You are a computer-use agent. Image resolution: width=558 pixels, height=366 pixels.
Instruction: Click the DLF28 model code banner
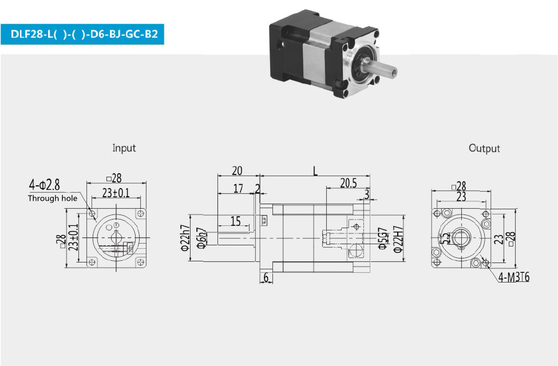click(82, 34)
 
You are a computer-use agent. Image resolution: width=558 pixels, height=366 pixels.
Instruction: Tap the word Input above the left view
click(124, 148)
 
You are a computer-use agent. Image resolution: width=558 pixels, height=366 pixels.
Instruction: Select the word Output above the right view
click(484, 148)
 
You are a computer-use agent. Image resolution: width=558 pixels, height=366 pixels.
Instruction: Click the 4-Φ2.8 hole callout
click(45, 185)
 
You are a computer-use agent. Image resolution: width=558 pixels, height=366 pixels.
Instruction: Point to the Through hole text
click(53, 198)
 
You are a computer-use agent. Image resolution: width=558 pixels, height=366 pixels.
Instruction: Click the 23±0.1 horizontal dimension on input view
click(116, 193)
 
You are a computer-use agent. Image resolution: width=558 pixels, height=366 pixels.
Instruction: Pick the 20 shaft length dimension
click(237, 171)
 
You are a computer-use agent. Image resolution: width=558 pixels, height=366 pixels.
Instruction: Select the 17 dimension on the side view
click(238, 189)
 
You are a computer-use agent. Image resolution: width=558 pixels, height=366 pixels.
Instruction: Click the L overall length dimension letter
click(315, 172)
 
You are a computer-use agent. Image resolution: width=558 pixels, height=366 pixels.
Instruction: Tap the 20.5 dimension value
click(348, 183)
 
